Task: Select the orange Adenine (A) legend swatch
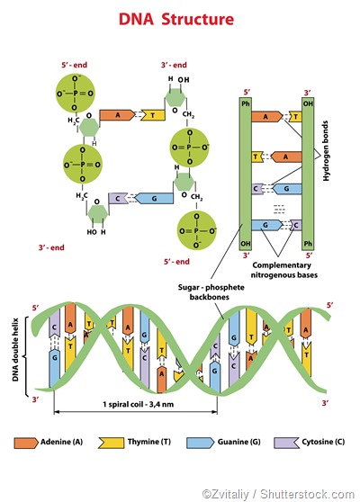23,443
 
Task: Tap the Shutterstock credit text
277,493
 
